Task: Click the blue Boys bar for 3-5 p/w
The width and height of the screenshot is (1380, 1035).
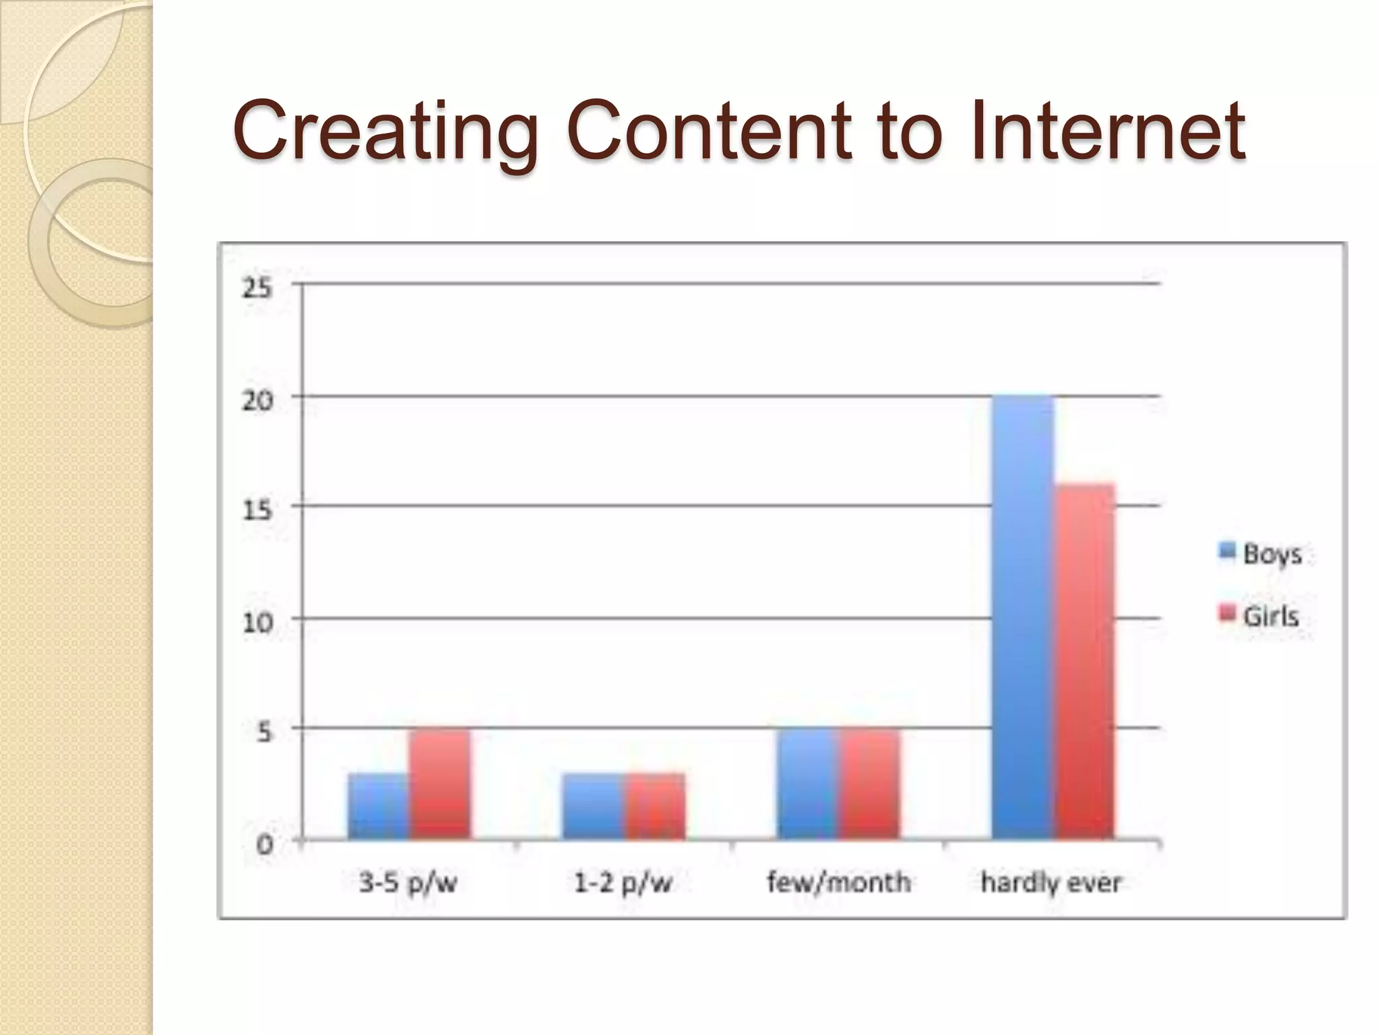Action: [x=378, y=806]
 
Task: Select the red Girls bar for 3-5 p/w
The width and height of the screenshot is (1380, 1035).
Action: [x=439, y=784]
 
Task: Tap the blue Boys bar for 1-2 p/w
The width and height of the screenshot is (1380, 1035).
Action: [x=594, y=806]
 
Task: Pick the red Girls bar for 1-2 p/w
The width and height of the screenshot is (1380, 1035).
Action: [x=655, y=806]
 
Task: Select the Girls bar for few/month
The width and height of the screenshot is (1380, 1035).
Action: [x=869, y=784]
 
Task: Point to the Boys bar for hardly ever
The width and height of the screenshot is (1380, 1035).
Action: [x=1023, y=617]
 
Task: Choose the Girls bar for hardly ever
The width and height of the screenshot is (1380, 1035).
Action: [x=1084, y=661]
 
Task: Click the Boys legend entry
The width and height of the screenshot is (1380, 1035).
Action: [x=1260, y=553]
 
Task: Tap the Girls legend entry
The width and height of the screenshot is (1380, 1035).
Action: [x=1259, y=615]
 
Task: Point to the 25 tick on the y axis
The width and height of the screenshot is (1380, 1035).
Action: [x=257, y=288]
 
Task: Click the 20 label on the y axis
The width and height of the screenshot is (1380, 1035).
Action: [x=257, y=400]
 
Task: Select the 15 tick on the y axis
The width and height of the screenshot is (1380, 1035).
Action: [x=257, y=509]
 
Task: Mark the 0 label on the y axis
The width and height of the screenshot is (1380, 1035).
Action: [x=265, y=844]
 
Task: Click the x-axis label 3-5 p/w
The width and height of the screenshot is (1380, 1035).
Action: [x=408, y=882]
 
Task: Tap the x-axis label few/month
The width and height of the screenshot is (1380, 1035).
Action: [x=839, y=882]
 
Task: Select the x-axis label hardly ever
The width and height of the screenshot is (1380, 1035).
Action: [x=1051, y=882]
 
